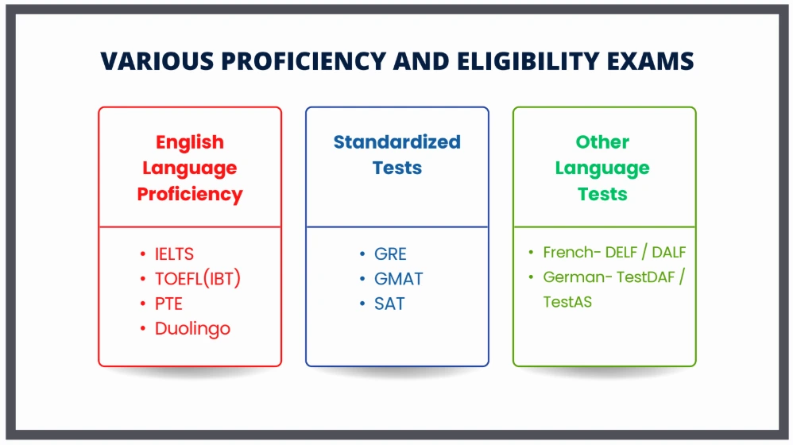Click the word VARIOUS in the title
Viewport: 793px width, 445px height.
pos(157,61)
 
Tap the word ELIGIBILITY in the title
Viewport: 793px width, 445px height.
pos(528,61)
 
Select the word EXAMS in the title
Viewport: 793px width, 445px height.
pos(651,61)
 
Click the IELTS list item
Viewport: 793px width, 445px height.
pos(174,253)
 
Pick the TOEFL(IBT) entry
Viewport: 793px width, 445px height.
pos(198,279)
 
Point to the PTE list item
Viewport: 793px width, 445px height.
pos(168,304)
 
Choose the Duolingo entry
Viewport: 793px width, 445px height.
pos(192,329)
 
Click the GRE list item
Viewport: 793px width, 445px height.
pos(390,253)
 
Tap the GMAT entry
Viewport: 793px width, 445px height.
pos(399,279)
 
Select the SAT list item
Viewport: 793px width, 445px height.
pos(389,304)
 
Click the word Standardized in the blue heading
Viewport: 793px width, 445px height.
pos(397,142)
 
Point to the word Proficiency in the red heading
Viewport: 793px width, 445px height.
pos(190,195)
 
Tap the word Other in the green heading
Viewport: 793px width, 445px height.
pos(602,142)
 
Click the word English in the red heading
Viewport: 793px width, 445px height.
pos(190,143)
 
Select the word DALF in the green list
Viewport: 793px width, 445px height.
pos(668,252)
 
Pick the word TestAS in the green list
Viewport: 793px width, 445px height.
pos(567,302)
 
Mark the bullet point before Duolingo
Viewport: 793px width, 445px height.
pos(143,329)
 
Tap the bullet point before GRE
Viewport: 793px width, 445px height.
pos(362,253)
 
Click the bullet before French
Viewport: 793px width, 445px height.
pos(531,252)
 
